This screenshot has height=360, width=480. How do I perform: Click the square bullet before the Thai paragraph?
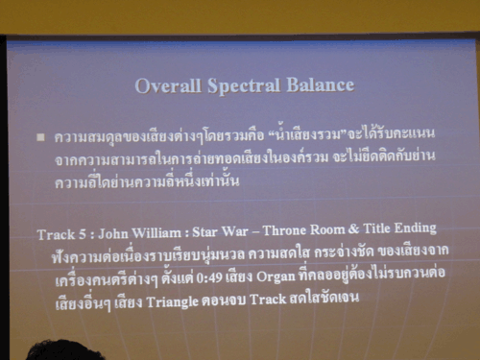tap(40, 136)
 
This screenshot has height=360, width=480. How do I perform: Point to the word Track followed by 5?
tap(55, 233)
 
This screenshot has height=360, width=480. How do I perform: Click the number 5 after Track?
tap(84, 233)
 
